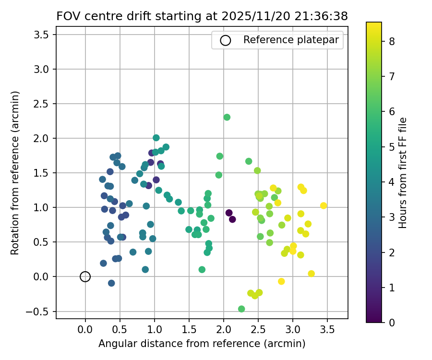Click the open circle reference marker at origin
point(85,276)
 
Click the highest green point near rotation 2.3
point(227,117)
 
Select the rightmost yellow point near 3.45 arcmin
point(324,205)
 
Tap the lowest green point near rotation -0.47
point(241,309)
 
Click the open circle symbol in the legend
point(225,40)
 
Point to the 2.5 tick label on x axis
point(258,330)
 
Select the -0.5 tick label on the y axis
point(43,311)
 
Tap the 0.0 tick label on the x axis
point(85,330)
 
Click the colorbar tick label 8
point(392,41)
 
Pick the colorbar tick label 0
point(392,322)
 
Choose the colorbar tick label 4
point(392,181)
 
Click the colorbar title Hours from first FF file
point(403,172)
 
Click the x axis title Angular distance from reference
point(202,344)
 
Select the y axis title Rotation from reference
point(15,172)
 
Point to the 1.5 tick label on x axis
point(189,330)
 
